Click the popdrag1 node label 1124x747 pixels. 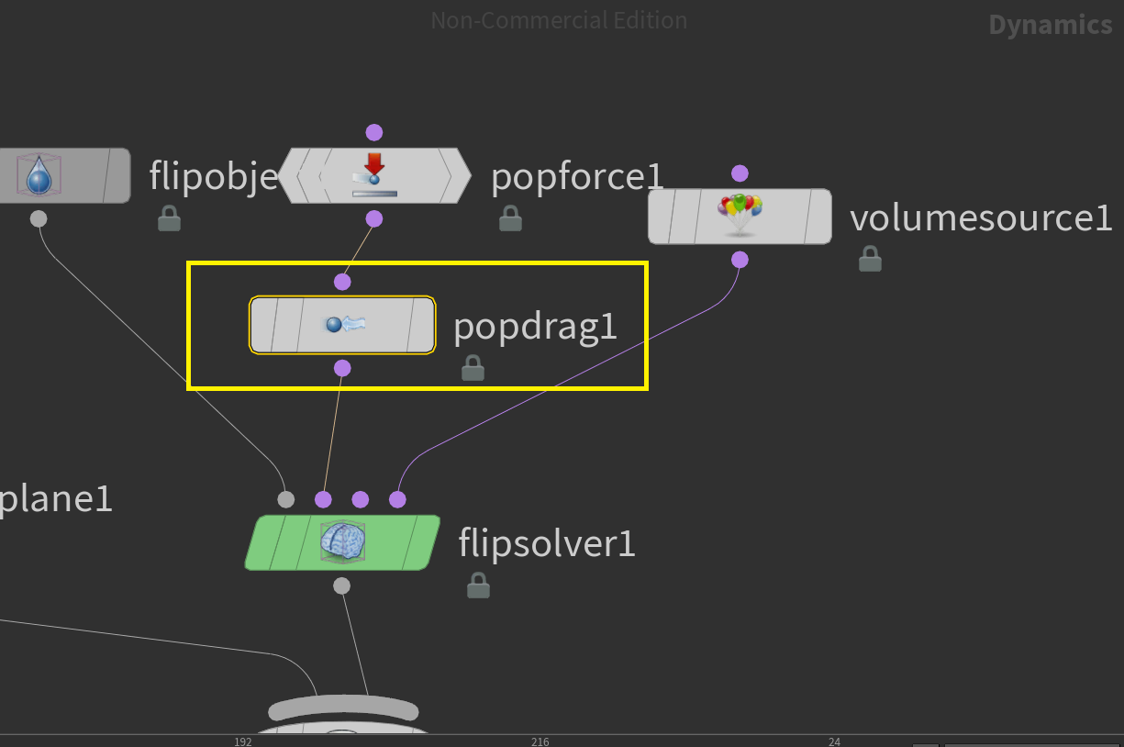pos(535,326)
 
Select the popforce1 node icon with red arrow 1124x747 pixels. pos(373,174)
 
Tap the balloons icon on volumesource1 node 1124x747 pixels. pos(740,215)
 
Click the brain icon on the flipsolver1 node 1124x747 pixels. pos(342,541)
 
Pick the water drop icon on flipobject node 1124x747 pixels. pos(39,174)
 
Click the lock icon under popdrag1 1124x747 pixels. pos(473,368)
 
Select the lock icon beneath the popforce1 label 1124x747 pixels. pos(510,218)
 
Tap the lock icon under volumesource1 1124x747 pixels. pos(870,260)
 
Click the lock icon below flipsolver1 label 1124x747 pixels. pos(478,585)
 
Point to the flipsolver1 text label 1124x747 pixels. pos(546,544)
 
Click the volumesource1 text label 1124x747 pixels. pos(980,218)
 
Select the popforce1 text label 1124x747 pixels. pos(576,176)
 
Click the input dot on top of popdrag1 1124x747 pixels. pos(342,282)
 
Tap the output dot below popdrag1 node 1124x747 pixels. pos(342,368)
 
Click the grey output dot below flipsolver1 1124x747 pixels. pos(341,585)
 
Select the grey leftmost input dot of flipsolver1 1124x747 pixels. pos(286,499)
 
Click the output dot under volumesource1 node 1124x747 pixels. pos(740,260)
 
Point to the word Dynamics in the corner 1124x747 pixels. pos(1050,25)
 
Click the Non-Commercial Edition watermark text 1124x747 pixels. pos(559,20)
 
